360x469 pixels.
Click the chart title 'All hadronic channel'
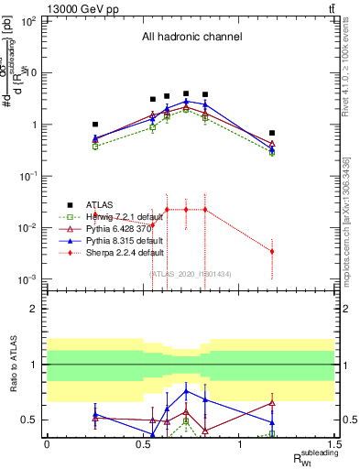pos(191,38)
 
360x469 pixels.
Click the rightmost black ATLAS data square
pos(272,133)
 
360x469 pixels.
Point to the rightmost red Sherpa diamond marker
pos(272,251)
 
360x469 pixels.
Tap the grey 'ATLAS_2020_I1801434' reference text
pos(191,273)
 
